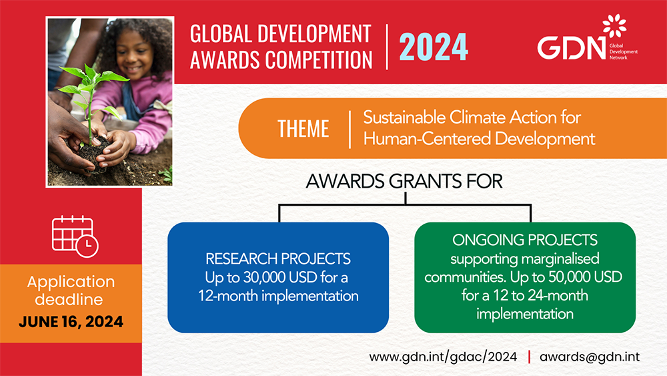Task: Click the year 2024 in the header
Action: click(434, 47)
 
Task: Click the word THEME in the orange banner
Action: click(303, 128)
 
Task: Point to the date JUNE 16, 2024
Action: click(71, 321)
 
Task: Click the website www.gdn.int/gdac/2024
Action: click(443, 357)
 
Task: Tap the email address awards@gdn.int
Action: click(590, 357)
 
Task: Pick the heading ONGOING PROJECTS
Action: click(524, 240)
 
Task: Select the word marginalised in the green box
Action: click(558, 258)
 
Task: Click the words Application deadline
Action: click(71, 290)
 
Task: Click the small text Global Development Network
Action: click(622, 51)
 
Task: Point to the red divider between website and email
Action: click(529, 357)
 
